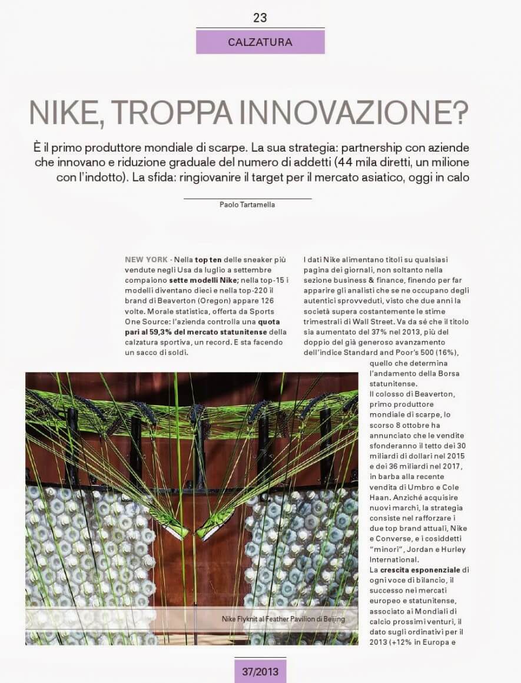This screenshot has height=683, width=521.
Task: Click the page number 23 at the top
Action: click(260, 18)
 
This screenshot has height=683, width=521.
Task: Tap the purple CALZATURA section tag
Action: click(260, 42)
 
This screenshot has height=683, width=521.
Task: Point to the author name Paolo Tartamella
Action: click(247, 205)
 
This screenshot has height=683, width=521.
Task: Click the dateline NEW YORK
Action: click(147, 259)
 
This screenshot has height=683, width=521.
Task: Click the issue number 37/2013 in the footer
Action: click(260, 669)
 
